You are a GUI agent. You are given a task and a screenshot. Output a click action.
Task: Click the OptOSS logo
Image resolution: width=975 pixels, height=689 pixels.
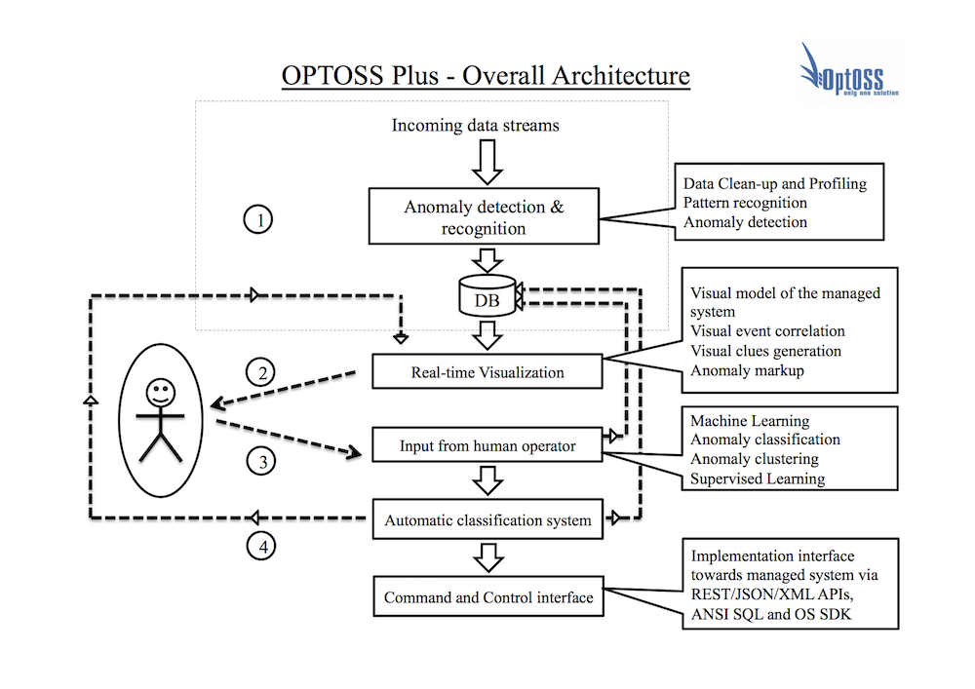click(846, 72)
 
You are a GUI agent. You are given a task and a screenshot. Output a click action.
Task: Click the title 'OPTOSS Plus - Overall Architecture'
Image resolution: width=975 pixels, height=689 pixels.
click(486, 76)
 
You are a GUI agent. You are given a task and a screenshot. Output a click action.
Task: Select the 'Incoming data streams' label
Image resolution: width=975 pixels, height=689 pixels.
click(476, 126)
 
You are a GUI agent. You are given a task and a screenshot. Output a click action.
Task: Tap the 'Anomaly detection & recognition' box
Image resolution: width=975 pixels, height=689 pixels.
click(484, 217)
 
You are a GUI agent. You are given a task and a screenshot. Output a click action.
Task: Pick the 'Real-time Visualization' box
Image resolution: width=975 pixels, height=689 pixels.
click(487, 371)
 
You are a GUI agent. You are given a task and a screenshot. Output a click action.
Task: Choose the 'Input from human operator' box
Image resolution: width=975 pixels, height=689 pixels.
click(487, 446)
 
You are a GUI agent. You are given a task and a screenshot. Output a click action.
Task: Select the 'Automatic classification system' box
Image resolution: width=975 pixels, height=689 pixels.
click(487, 519)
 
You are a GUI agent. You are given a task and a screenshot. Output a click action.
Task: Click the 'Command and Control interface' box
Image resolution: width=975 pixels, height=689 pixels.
click(487, 597)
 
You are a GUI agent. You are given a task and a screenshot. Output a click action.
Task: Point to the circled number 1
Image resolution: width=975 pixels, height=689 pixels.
click(259, 221)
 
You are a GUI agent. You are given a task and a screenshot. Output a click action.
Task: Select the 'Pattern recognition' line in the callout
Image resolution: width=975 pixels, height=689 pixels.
click(746, 203)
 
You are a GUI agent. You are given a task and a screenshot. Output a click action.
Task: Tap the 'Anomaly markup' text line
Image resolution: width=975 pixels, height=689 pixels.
click(748, 370)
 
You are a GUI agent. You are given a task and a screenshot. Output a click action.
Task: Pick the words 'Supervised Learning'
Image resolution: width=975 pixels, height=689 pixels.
click(758, 478)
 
